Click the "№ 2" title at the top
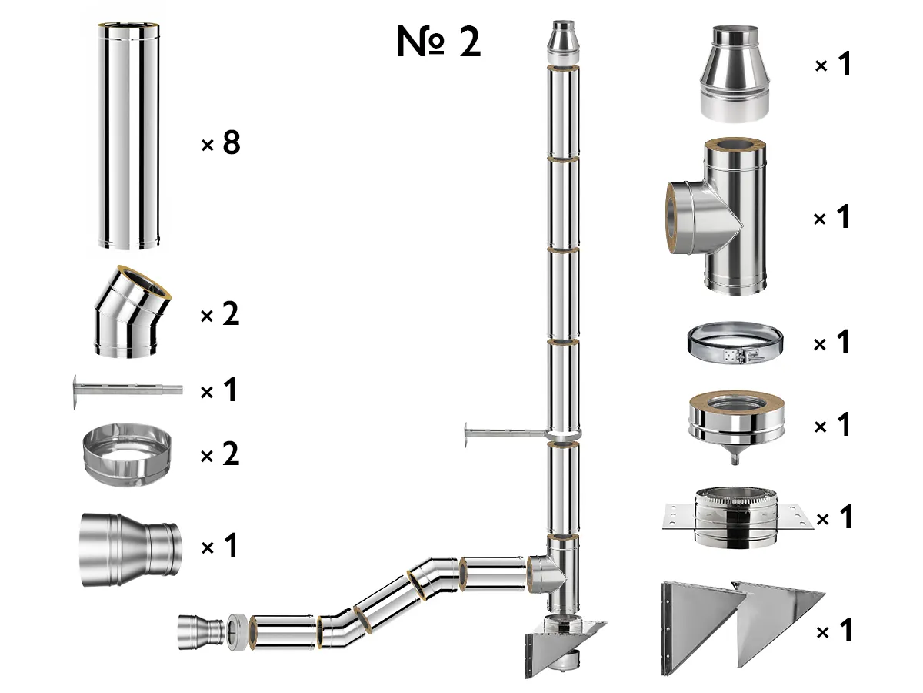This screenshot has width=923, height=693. pyautogui.click(x=438, y=42)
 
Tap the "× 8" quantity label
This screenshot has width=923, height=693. pyautogui.click(x=221, y=143)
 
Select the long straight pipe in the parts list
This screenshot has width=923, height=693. pyautogui.click(x=129, y=136)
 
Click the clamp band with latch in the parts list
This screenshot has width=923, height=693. pyautogui.click(x=734, y=343)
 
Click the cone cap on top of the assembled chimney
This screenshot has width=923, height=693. pyautogui.click(x=559, y=44)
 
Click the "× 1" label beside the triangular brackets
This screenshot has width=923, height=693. pyautogui.click(x=833, y=632)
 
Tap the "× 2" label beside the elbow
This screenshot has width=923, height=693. pyautogui.click(x=220, y=315)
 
